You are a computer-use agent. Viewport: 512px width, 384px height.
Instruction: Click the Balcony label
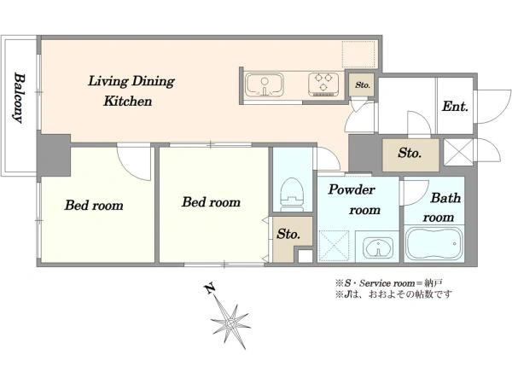point(20,97)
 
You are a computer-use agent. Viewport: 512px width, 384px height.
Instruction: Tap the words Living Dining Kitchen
point(131,90)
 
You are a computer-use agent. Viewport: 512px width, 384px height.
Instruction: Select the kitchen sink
point(265,84)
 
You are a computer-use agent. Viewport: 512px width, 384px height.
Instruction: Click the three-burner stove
point(323,84)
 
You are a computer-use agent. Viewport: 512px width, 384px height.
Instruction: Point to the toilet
point(293,195)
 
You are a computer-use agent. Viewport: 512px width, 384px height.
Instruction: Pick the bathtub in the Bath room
point(434,243)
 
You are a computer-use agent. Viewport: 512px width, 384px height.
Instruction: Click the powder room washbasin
point(378,247)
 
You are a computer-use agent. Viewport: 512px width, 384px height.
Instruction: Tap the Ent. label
point(455,107)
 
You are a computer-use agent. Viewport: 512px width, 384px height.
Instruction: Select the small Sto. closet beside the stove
point(362,84)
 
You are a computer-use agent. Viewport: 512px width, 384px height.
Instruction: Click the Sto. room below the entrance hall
point(410,154)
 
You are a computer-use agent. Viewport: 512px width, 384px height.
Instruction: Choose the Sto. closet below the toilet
point(289,239)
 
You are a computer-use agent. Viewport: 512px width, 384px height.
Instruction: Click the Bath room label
point(442,207)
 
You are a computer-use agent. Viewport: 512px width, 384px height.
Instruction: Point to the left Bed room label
point(94,206)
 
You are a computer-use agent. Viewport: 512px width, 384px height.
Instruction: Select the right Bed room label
point(211,202)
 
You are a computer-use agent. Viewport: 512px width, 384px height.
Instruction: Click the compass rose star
point(230,323)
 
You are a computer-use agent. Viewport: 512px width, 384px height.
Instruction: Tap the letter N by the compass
point(209,288)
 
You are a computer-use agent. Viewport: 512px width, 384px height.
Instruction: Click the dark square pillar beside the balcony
point(54,155)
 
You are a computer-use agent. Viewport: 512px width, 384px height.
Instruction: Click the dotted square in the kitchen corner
point(358,55)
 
